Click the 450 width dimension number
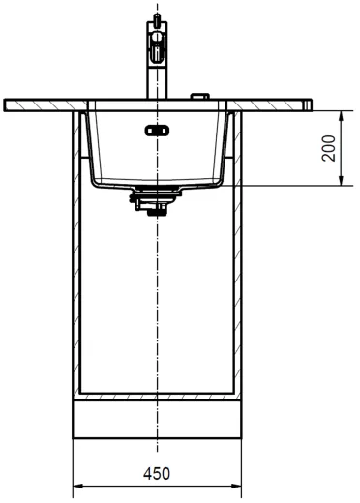[157, 474]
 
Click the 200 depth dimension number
[329, 148]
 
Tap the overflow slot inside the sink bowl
[157, 131]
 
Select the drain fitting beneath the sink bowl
[156, 200]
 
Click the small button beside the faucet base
[200, 96]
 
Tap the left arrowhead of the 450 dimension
[77, 487]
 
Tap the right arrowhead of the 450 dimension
[236, 487]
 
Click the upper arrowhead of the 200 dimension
[342, 115]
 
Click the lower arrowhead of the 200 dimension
[342, 181]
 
